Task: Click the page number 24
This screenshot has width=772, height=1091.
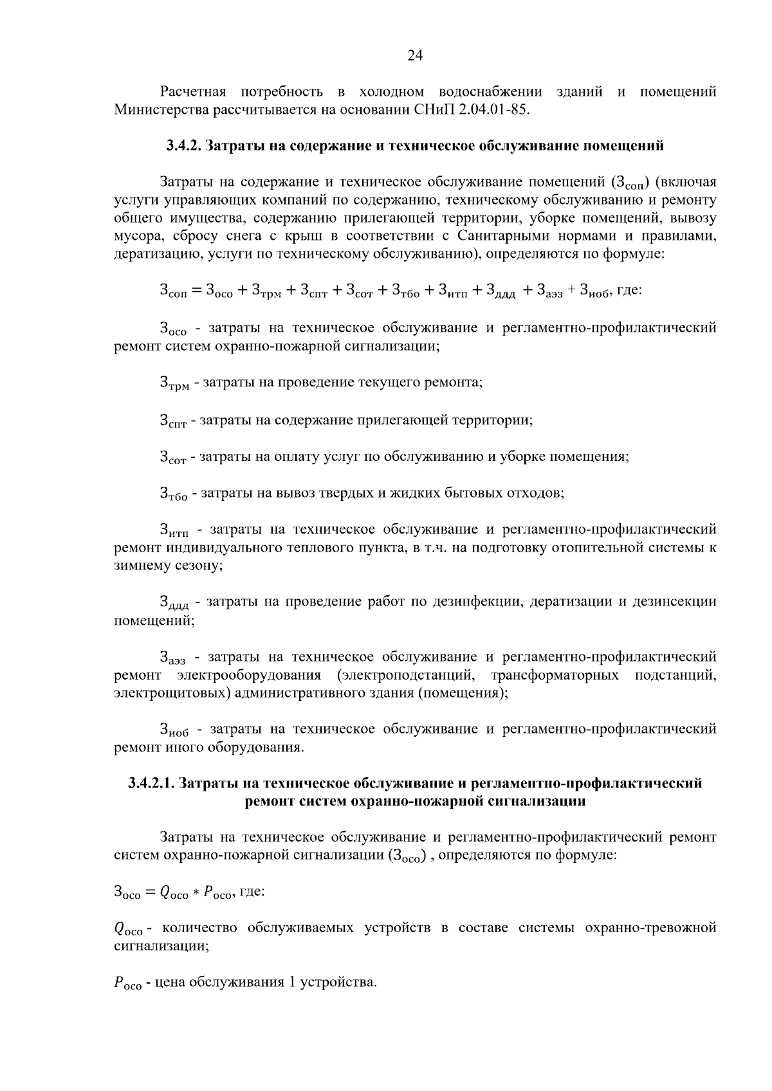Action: [415, 56]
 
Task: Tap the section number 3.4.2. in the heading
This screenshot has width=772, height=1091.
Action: [184, 146]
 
